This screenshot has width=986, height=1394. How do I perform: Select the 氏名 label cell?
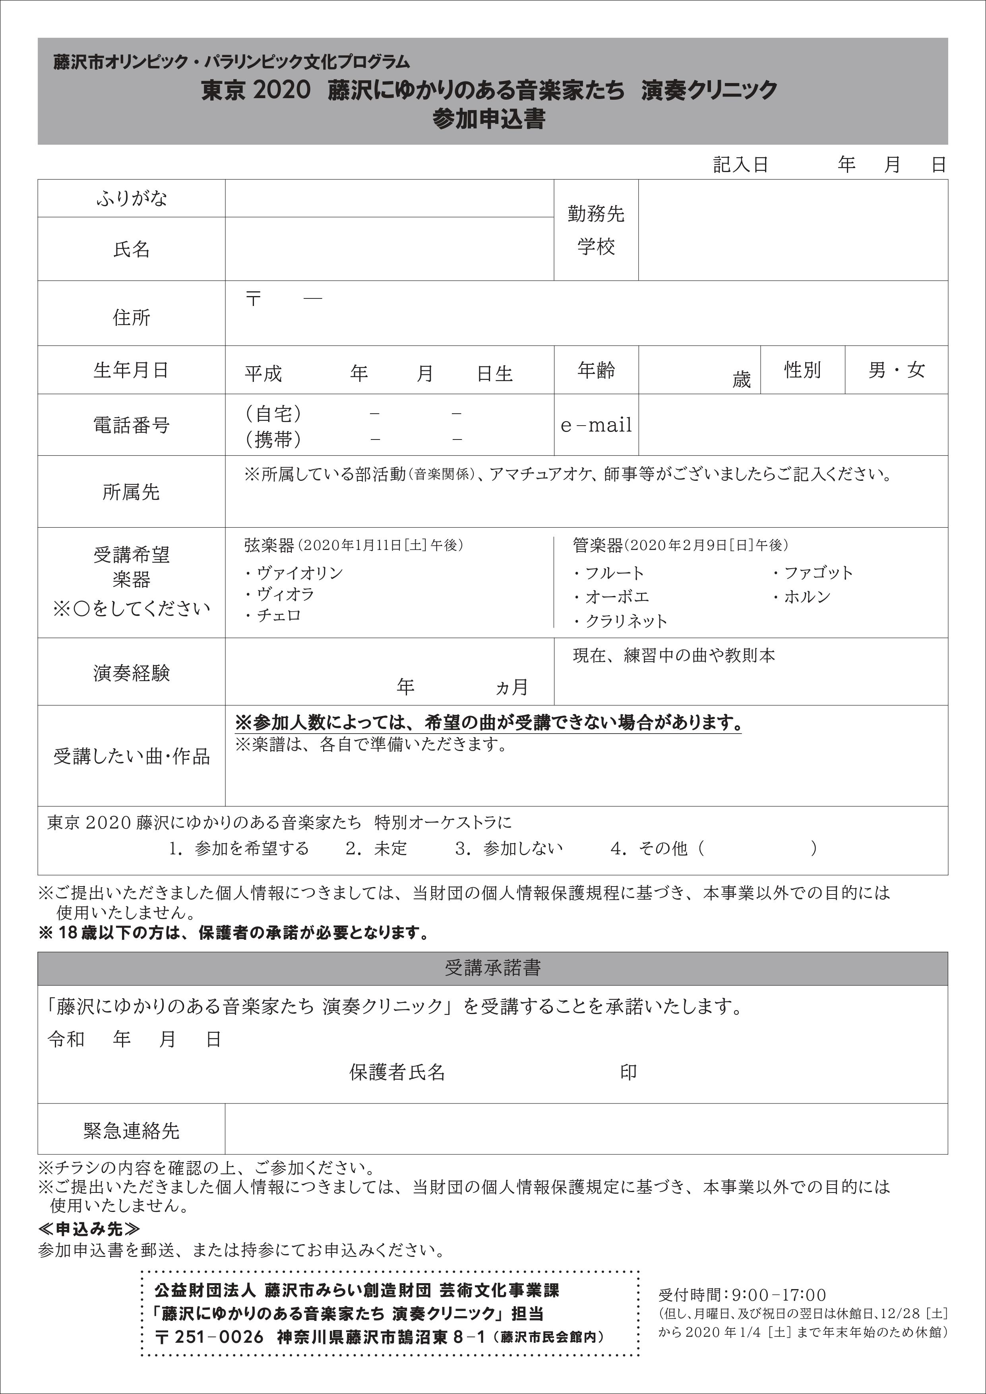131,249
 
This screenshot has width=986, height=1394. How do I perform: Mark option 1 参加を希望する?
239,848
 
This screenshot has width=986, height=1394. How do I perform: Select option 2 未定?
376,848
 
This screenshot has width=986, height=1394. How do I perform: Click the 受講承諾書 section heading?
492,968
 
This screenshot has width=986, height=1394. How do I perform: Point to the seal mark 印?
628,1072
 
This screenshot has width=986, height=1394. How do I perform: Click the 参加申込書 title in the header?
489,119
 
